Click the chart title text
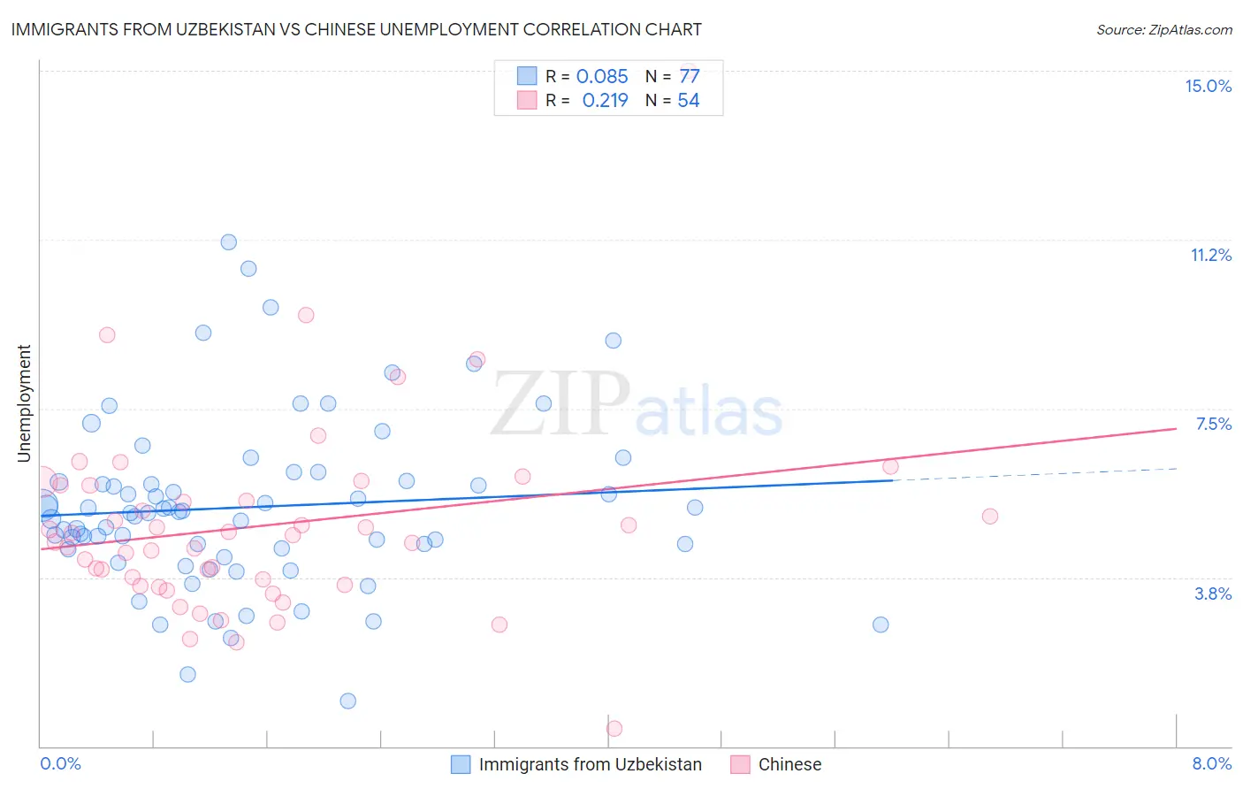[356, 29]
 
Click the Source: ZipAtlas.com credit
[1163, 30]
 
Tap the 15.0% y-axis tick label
[1208, 86]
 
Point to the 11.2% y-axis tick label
[1210, 255]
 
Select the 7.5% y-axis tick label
[1213, 424]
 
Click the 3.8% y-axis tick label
[1213, 594]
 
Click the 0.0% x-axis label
[60, 763]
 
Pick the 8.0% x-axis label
[1211, 763]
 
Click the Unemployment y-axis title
[24, 403]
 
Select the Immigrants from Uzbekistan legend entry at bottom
[590, 764]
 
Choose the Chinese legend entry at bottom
[789, 764]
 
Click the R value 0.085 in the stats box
[602, 77]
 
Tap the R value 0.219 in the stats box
[605, 101]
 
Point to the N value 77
[689, 77]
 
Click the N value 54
[688, 101]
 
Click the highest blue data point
[229, 242]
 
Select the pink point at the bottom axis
[614, 728]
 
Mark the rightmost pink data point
[990, 517]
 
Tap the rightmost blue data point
[881, 624]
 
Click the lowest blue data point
[348, 701]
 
